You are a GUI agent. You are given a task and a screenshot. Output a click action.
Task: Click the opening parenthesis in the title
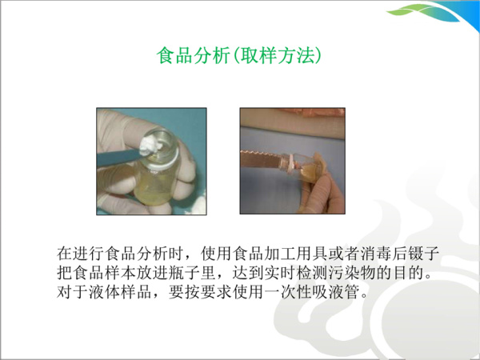229,56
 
